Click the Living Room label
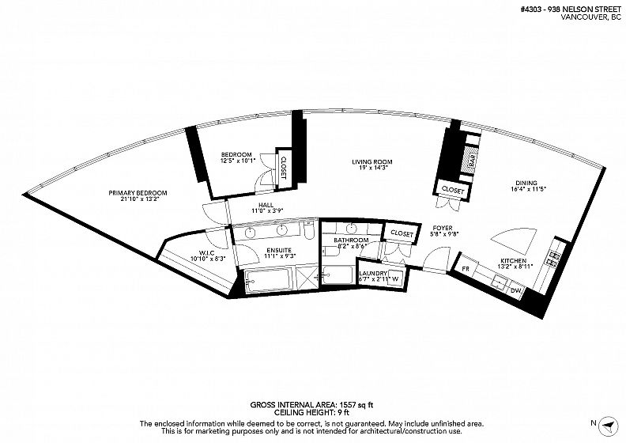click(x=371, y=162)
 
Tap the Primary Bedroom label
click(x=138, y=193)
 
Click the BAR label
click(x=473, y=161)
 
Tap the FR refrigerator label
click(x=466, y=269)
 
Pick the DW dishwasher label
click(x=516, y=290)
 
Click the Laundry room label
click(x=373, y=274)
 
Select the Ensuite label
click(x=279, y=251)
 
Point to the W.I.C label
click(x=206, y=253)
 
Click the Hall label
click(x=266, y=206)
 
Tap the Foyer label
click(x=443, y=228)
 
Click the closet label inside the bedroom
click(x=284, y=167)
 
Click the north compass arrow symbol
click(x=608, y=425)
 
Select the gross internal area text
click(x=311, y=405)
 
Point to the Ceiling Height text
click(x=311, y=412)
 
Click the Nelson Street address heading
click(x=571, y=10)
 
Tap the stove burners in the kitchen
click(x=555, y=258)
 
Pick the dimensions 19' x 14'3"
click(x=372, y=168)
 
